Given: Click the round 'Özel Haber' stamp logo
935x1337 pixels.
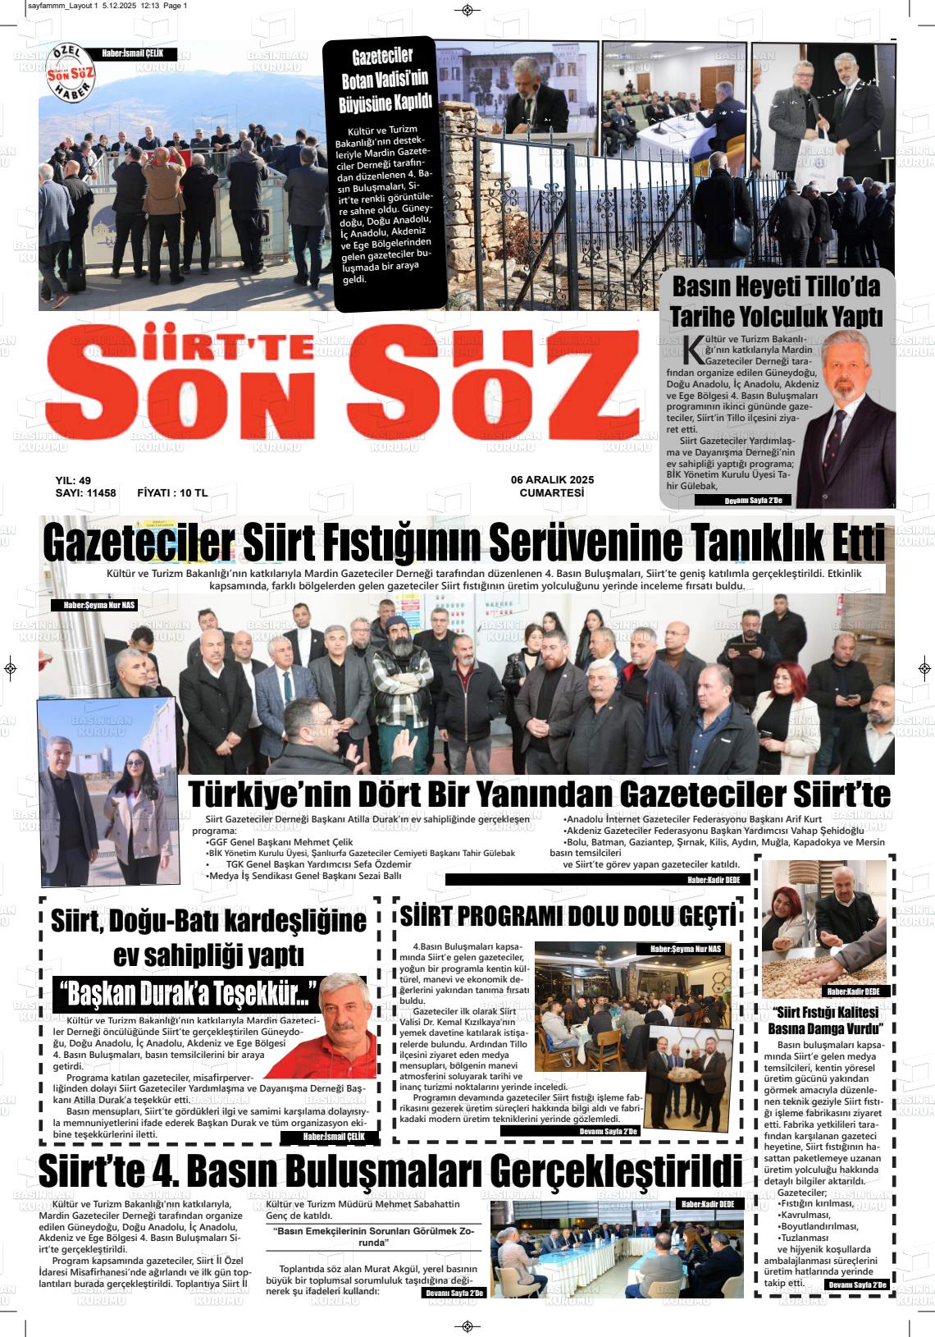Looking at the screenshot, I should (71, 72).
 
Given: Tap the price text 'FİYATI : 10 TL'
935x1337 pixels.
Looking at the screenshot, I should (172, 493).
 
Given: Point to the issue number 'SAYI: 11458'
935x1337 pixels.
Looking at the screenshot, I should (85, 493).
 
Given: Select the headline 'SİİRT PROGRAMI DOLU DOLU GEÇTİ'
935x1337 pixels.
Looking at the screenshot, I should (568, 916).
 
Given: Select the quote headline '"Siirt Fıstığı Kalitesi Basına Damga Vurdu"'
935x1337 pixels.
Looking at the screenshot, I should (824, 1020).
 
